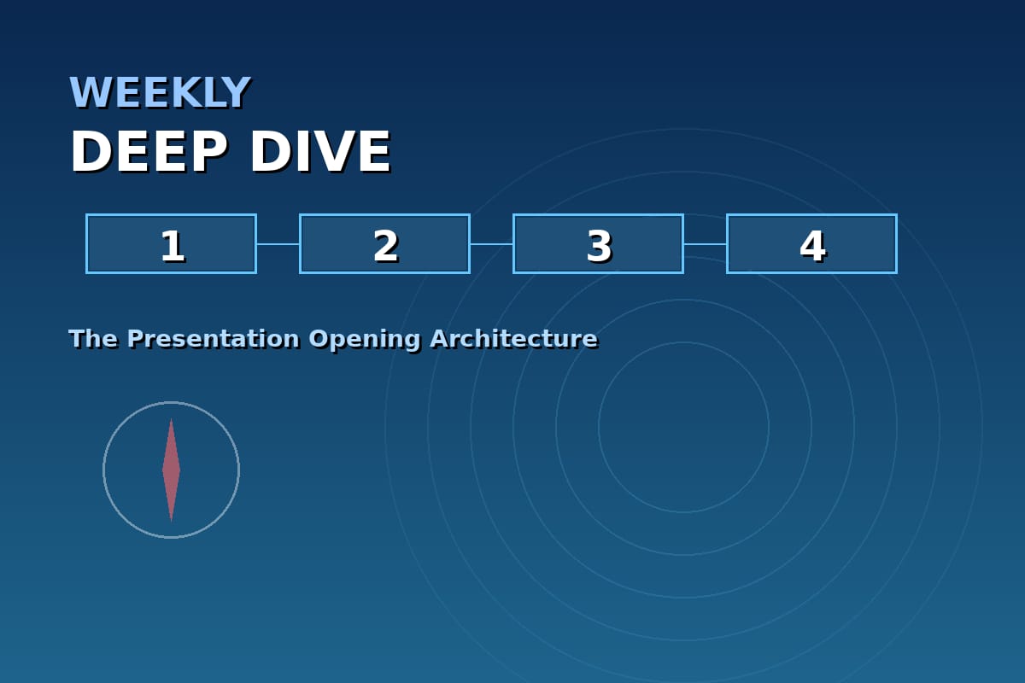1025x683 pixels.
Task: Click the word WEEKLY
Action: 160,92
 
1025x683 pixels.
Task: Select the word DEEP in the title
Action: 149,151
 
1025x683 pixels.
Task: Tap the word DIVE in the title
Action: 320,151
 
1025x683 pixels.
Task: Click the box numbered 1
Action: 171,244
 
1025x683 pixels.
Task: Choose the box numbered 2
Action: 385,244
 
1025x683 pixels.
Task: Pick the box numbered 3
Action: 599,244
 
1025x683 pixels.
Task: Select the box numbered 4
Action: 811,244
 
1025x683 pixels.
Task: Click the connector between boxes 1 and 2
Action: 278,244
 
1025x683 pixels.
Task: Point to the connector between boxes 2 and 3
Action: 492,244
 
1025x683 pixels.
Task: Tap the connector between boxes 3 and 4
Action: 706,244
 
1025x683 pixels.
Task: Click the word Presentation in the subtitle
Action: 214,339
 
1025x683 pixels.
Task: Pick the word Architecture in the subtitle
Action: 514,339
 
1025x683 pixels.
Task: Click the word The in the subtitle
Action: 93,339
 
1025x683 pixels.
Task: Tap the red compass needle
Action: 171,470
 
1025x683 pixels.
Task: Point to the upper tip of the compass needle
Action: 171,418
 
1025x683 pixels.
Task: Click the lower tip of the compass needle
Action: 171,522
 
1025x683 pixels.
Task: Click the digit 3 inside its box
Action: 599,246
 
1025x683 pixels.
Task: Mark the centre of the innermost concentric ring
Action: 683,427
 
